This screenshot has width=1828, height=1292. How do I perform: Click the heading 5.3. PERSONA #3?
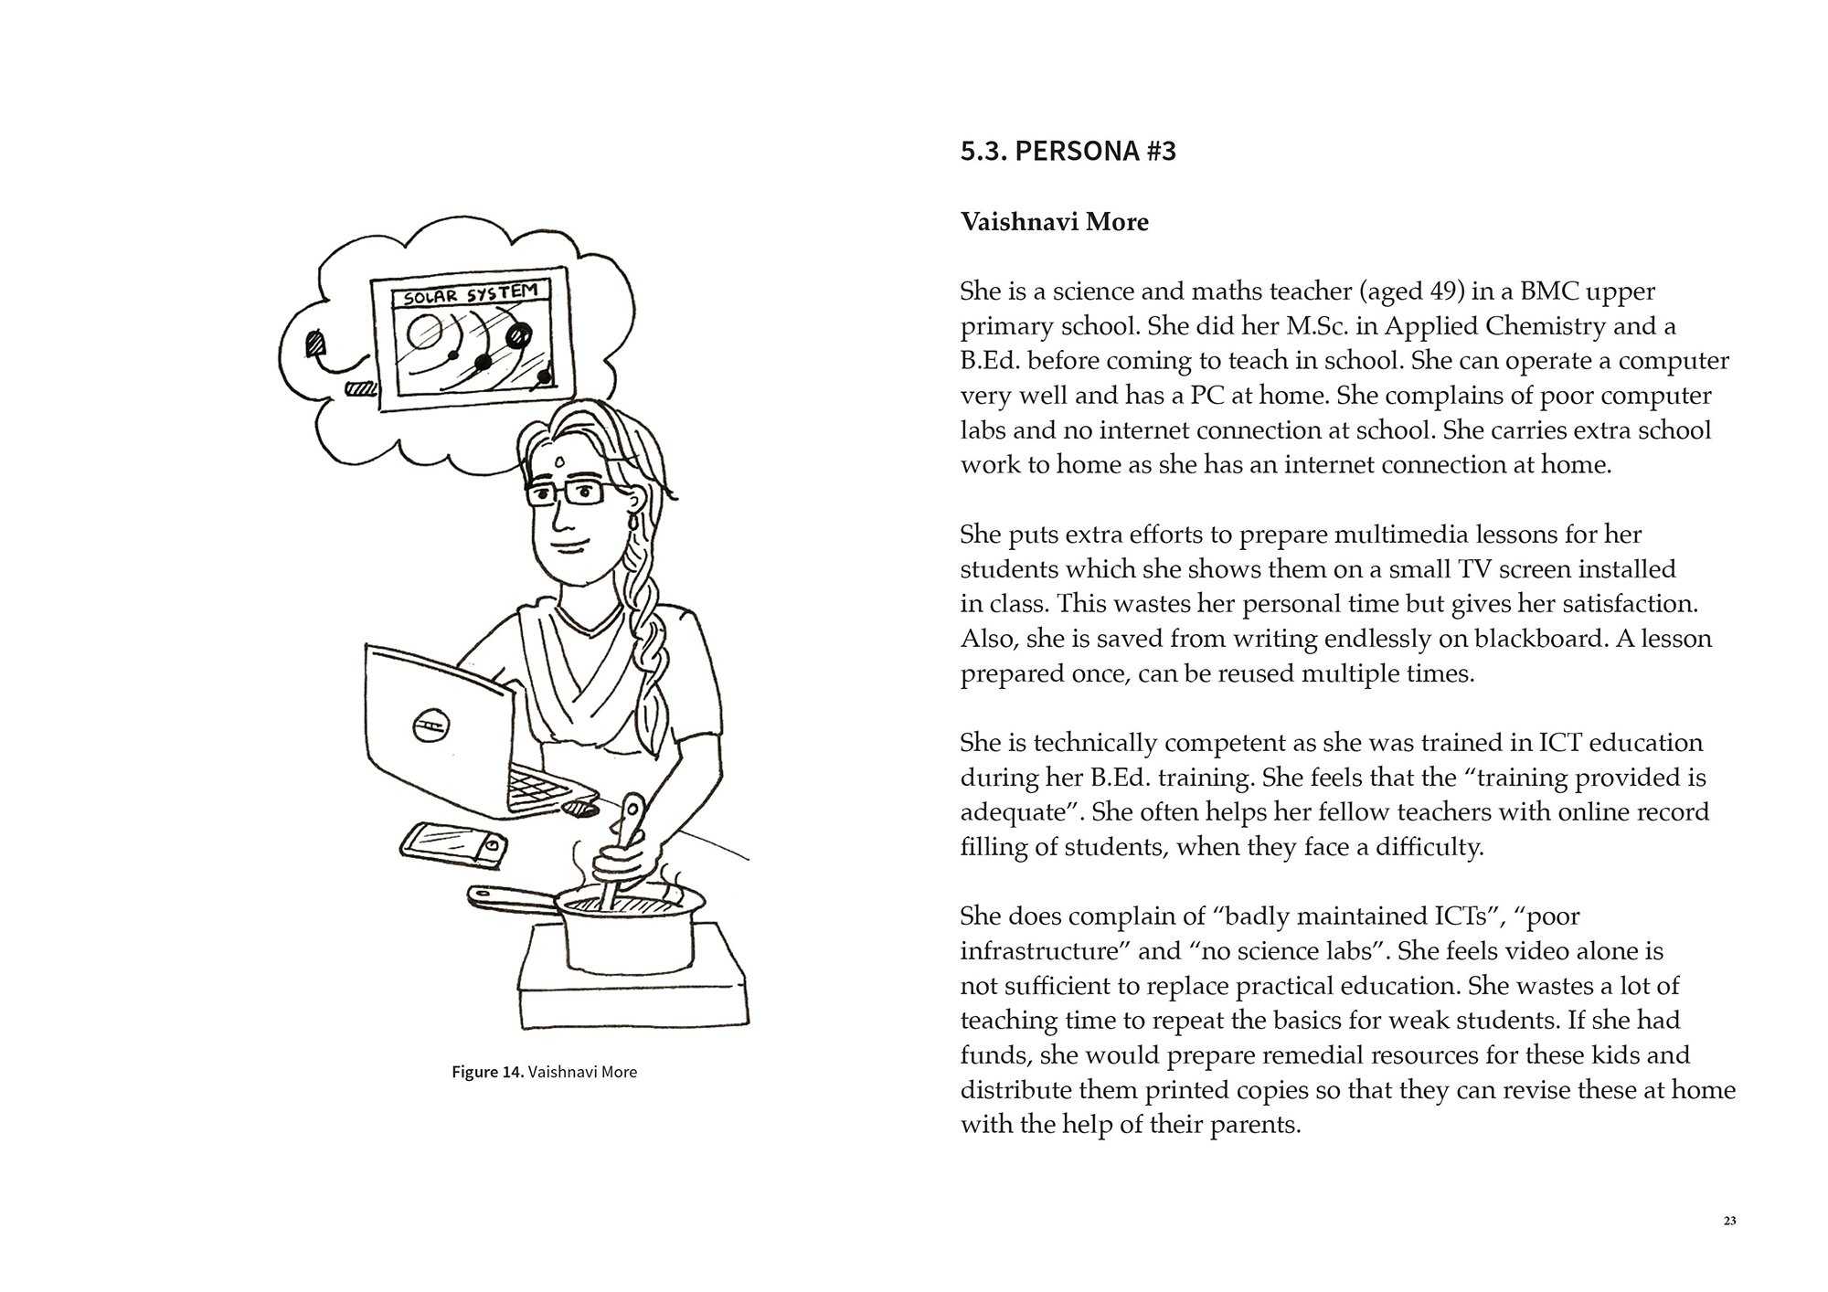coord(1068,151)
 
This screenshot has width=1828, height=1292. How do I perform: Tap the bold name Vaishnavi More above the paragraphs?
coord(1054,222)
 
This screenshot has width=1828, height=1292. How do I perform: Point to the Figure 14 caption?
coord(544,1072)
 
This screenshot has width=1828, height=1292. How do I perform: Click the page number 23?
coord(1729,1221)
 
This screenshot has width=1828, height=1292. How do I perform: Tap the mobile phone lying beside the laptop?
coord(454,842)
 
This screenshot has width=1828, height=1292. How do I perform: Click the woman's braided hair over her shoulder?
coord(655,640)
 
